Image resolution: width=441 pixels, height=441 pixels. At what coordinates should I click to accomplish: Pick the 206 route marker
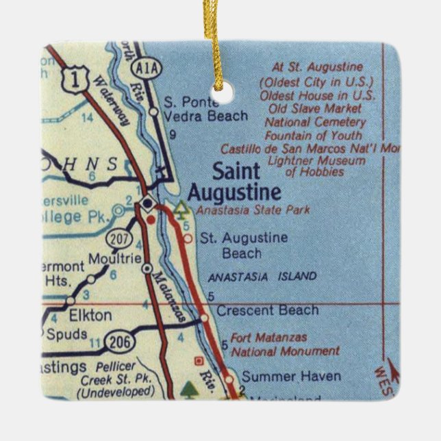point(118,338)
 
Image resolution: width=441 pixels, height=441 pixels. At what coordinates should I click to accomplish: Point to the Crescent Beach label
point(267,310)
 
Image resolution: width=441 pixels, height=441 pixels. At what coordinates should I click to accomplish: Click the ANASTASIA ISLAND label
point(262,277)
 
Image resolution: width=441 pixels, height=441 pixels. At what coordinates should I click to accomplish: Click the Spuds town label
point(67,334)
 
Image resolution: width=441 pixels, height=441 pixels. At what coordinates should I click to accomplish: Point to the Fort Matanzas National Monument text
point(285,344)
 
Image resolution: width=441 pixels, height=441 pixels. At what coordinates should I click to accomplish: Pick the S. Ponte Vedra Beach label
point(205,110)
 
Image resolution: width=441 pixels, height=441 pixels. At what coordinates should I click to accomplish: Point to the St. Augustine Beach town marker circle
point(188,238)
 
